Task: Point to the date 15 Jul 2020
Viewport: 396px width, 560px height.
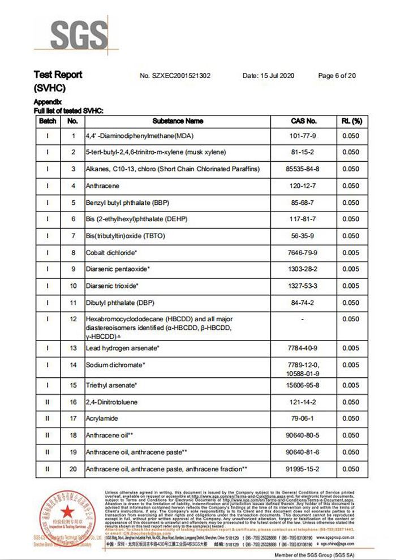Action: (x=268, y=75)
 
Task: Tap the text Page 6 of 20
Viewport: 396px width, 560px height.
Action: (x=337, y=75)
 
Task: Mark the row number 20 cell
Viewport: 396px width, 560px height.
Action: (x=72, y=469)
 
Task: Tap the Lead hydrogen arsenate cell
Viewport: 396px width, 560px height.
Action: (x=123, y=348)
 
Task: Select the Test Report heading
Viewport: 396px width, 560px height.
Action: (x=58, y=75)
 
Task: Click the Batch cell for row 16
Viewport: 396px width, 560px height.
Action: (x=48, y=402)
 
